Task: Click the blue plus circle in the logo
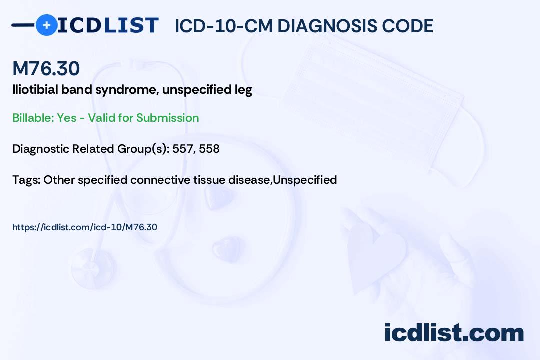[x=47, y=25]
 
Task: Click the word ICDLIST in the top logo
[x=108, y=25]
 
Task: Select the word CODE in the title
[x=401, y=26]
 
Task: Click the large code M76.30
[x=46, y=68]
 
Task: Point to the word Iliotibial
[x=35, y=90]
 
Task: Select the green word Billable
[x=33, y=118]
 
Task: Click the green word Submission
[x=167, y=118]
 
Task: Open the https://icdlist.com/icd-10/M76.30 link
[x=84, y=227]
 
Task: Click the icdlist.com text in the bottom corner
[x=454, y=332]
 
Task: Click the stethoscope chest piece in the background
[x=93, y=268]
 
